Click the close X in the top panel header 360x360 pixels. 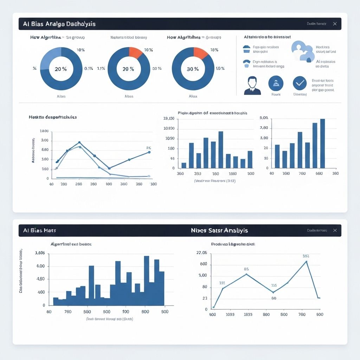click(x=335, y=24)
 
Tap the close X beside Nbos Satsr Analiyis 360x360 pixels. click(x=335, y=230)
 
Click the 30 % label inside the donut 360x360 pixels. click(x=192, y=69)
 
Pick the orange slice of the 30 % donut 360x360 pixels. click(x=200, y=53)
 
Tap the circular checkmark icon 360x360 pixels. click(x=300, y=83)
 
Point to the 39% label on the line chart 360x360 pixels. click(x=306, y=256)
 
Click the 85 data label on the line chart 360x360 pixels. click(x=246, y=269)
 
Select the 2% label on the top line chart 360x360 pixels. click(x=148, y=148)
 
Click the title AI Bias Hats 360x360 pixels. click(x=39, y=230)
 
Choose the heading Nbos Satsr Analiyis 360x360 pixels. click(x=219, y=230)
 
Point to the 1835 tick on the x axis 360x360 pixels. click(x=248, y=315)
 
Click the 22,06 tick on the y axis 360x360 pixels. click(x=201, y=253)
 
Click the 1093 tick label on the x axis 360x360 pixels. click(x=230, y=315)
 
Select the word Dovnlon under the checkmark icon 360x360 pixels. click(x=300, y=94)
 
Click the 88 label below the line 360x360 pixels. click(x=274, y=298)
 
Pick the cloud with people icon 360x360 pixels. click(x=302, y=52)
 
